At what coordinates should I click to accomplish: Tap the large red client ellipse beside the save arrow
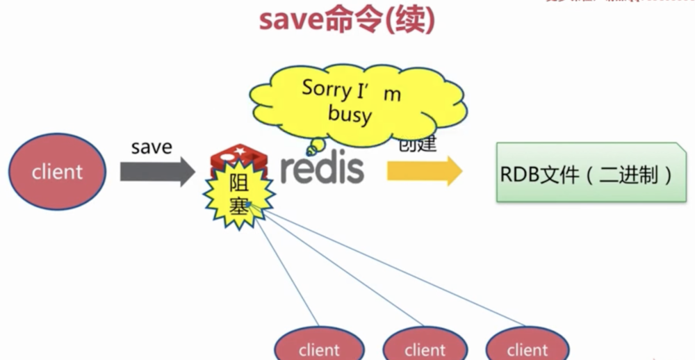click(x=57, y=172)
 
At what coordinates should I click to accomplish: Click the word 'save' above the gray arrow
click(x=152, y=147)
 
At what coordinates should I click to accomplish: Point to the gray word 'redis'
click(x=322, y=169)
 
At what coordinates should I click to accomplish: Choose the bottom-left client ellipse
click(x=319, y=347)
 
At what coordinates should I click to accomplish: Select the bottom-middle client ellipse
click(x=425, y=347)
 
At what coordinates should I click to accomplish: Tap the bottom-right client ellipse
click(x=527, y=347)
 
